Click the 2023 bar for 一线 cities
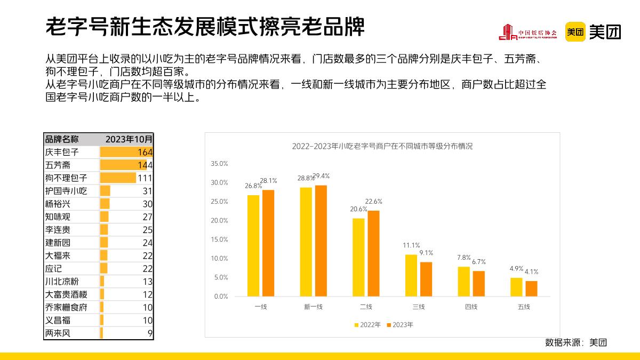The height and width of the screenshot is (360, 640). (268, 243)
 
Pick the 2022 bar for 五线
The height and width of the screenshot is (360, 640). (516, 287)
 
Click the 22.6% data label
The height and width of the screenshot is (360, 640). (373, 201)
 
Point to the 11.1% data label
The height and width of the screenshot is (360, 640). (411, 245)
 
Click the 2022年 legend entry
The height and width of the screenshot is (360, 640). (367, 324)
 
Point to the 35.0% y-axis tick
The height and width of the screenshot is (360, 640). (219, 164)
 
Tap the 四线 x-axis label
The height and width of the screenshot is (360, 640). (471, 307)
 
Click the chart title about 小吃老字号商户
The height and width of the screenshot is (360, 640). (382, 146)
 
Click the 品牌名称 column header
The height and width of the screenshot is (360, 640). (61, 139)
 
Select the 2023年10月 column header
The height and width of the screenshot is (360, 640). (129, 139)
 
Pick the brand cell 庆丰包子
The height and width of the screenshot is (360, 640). (62, 153)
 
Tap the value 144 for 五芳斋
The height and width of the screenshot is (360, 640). (145, 165)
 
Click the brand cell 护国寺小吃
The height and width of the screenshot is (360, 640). (66, 191)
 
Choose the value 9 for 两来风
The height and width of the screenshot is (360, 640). (150, 333)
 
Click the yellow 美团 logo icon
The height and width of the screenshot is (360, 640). (575, 32)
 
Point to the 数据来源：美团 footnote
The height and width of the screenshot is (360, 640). (576, 342)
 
